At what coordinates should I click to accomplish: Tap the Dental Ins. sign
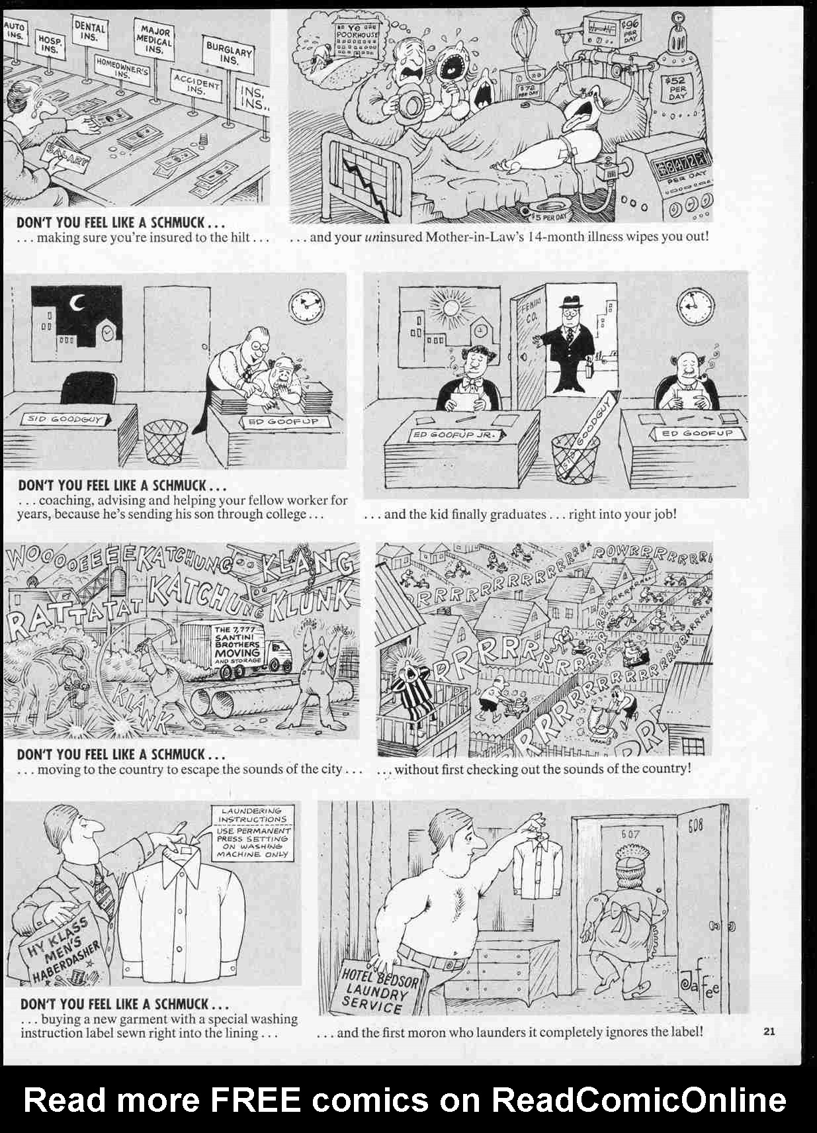(89, 31)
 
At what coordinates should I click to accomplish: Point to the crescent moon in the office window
(77, 304)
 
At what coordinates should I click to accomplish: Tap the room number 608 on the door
(695, 825)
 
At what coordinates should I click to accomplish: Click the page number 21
(769, 1030)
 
